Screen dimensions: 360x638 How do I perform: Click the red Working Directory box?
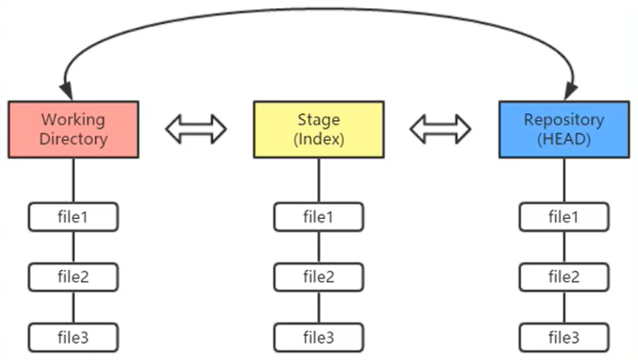coord(73,129)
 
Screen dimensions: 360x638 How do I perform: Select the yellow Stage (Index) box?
coord(318,129)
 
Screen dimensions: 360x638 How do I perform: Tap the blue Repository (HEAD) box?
coord(563,129)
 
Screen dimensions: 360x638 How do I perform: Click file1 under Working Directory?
coord(73,217)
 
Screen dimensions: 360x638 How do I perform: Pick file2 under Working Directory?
coord(73,277)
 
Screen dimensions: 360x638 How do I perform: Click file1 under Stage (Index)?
coord(318,217)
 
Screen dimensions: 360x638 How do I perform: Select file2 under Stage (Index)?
coord(318,277)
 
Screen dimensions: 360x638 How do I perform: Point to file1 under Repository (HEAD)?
coord(563,217)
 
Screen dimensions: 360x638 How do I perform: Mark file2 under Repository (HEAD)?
coord(563,277)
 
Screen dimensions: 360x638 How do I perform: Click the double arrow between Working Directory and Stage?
coord(196,128)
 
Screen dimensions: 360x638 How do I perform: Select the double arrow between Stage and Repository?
coord(441,128)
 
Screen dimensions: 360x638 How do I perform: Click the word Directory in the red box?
coord(73,139)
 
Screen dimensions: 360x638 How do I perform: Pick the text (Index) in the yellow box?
coord(318,139)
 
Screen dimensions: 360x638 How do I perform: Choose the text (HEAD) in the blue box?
coord(563,139)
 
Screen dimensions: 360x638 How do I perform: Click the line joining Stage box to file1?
coord(318,180)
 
